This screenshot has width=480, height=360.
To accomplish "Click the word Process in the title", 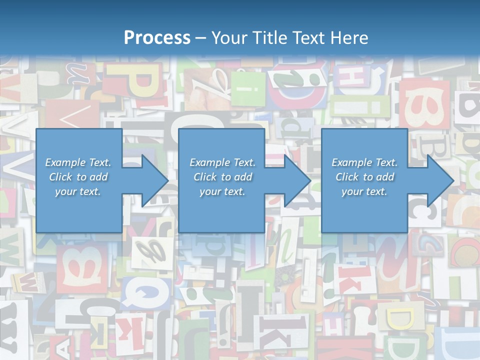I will pos(157,37).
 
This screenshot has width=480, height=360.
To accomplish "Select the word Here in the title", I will pos(349,37).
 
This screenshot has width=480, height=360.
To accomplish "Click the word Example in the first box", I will pos(64,162).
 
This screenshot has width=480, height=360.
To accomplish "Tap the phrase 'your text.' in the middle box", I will pos(222,191).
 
